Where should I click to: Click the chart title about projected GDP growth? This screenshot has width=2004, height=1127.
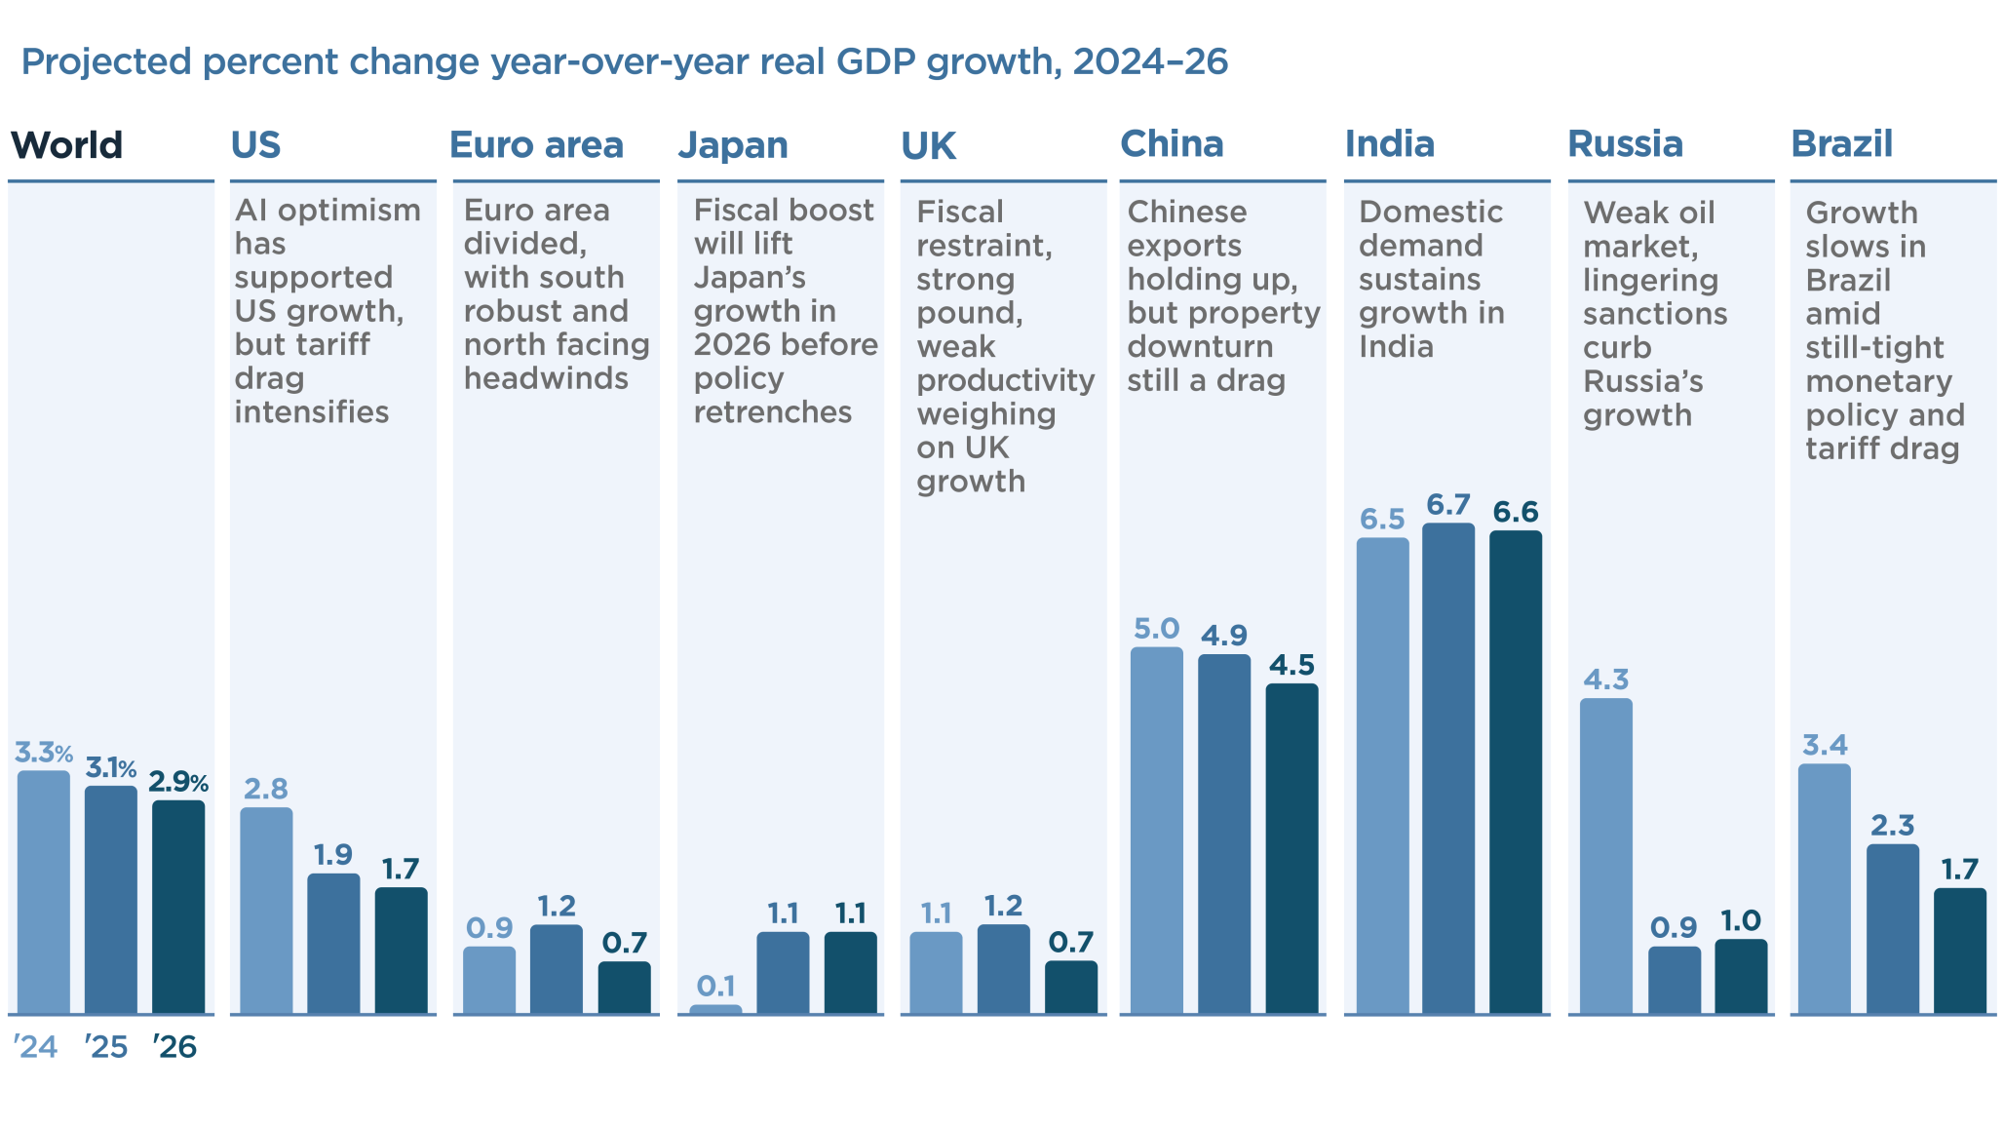[x=624, y=62]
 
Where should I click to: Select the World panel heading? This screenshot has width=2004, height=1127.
[x=66, y=145]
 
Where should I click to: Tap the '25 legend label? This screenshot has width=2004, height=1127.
[x=105, y=1047]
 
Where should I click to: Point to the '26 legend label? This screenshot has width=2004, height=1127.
[x=174, y=1047]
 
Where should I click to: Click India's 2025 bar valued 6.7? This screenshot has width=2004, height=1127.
[x=1447, y=770]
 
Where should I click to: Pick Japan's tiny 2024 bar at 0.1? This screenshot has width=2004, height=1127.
[x=715, y=1009]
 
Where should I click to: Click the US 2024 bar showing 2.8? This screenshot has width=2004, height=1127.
[x=266, y=911]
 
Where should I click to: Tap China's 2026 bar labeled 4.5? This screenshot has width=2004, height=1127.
[x=1291, y=848]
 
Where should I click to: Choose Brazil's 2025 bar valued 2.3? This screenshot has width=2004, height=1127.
[x=1892, y=928]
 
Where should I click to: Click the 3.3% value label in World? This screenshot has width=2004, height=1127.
[x=43, y=753]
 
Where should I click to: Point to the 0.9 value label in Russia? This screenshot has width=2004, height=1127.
[x=1674, y=927]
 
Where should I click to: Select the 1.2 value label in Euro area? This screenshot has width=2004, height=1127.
[x=557, y=906]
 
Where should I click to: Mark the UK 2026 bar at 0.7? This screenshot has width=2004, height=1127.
[x=1070, y=987]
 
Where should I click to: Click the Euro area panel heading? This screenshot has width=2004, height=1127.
[x=536, y=145]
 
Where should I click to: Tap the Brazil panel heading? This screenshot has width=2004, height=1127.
[x=1841, y=144]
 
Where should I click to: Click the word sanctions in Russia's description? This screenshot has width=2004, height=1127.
[x=1654, y=314]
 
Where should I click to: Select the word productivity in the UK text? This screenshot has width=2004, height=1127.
[x=1005, y=380]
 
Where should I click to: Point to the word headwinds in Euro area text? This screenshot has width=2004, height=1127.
[x=546, y=378]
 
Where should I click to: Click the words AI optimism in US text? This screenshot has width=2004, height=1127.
[x=328, y=211]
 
